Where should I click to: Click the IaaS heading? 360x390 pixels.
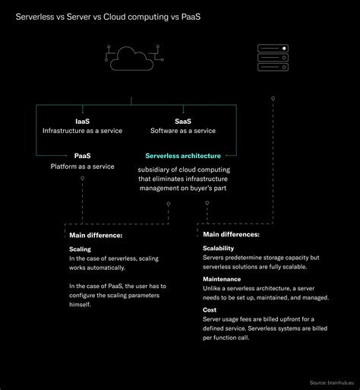(82, 119)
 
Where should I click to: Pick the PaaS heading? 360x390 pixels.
(82, 156)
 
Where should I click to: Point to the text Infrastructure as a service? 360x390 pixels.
(82, 130)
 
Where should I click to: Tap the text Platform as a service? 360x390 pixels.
(82, 166)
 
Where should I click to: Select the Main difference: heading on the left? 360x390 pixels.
(95, 236)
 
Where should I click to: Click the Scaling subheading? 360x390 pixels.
(80, 249)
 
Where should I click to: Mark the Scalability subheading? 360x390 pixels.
(218, 249)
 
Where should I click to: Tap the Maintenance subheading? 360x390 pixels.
(222, 279)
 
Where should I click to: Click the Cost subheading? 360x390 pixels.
(210, 310)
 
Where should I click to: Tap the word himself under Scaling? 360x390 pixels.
(79, 304)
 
